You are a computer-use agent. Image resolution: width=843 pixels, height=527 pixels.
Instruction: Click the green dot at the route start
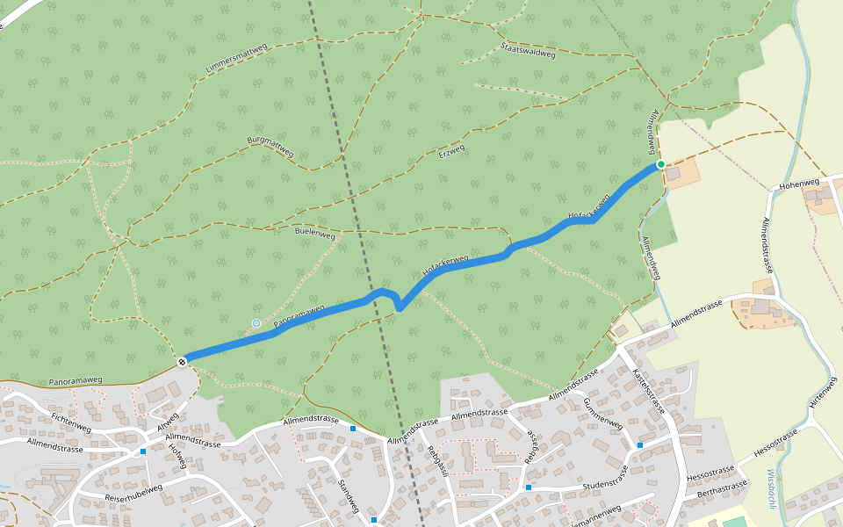[x=660, y=164]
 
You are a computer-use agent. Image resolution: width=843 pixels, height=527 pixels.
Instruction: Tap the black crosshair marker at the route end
[x=182, y=361]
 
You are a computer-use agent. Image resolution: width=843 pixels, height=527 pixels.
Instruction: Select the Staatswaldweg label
[x=527, y=50]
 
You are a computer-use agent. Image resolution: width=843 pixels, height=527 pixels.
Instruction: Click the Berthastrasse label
[x=722, y=488]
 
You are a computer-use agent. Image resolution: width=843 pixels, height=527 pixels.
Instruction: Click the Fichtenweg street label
[x=71, y=422]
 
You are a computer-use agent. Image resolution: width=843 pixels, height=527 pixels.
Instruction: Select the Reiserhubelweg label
[x=133, y=493]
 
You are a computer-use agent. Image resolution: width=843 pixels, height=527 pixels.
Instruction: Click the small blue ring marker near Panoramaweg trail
[x=256, y=323]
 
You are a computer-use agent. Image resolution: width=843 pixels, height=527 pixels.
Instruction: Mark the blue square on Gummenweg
[x=639, y=445]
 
